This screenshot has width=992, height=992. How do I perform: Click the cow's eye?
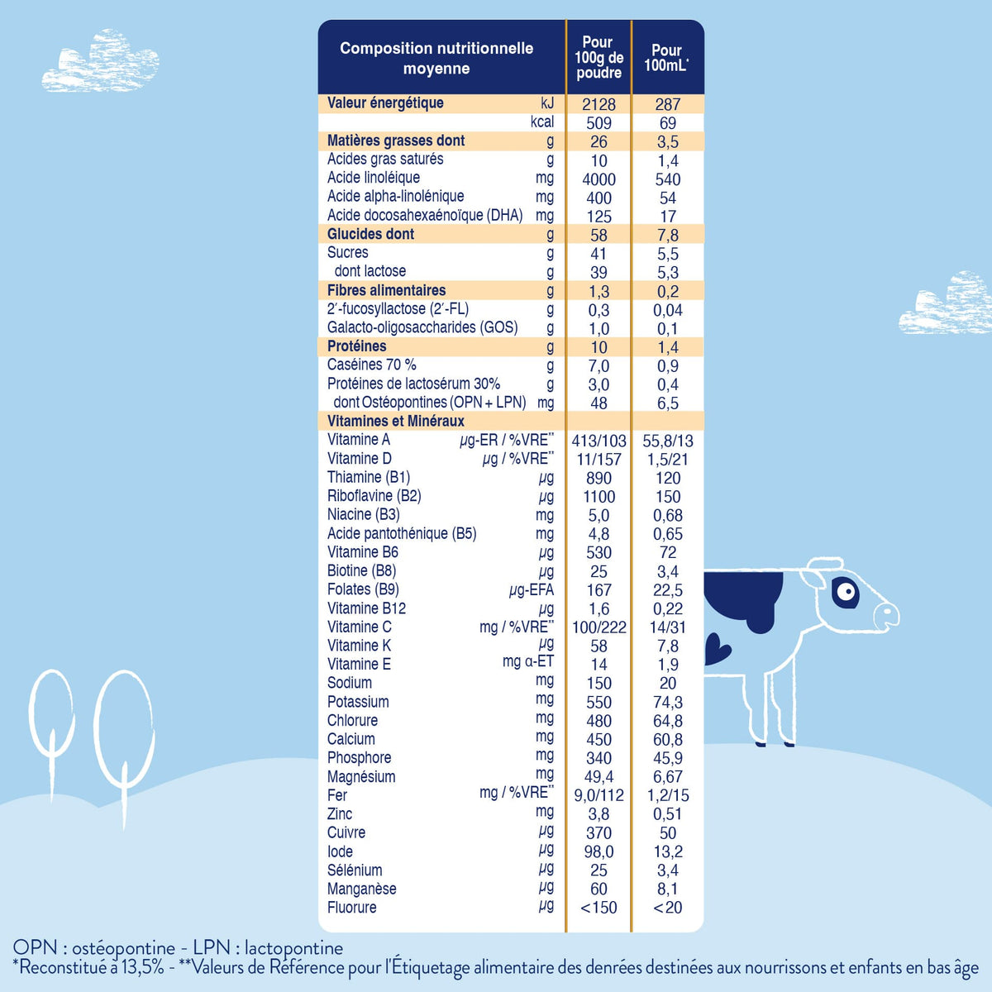(845, 593)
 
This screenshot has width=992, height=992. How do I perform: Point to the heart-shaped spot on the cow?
(716, 649)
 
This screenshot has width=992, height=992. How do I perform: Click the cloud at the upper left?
(100, 61)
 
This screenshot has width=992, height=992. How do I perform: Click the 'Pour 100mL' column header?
(666, 58)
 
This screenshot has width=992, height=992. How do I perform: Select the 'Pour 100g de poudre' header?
(599, 57)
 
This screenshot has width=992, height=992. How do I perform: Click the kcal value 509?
(599, 123)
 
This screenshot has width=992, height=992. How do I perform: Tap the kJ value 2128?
(599, 104)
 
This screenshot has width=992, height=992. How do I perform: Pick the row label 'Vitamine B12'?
(366, 608)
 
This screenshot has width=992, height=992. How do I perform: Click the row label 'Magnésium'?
(361, 776)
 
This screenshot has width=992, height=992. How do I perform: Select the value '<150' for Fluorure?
(599, 908)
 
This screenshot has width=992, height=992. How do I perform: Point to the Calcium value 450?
(599, 739)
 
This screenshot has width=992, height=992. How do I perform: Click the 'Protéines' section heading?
(357, 346)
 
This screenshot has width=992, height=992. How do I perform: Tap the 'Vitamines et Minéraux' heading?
(396, 421)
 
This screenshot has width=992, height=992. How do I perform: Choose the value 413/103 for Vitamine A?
(599, 441)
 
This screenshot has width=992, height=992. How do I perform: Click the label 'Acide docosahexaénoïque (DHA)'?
(425, 215)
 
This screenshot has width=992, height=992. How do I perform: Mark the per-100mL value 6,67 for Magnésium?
(668, 776)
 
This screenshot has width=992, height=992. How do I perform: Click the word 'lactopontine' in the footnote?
(294, 948)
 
